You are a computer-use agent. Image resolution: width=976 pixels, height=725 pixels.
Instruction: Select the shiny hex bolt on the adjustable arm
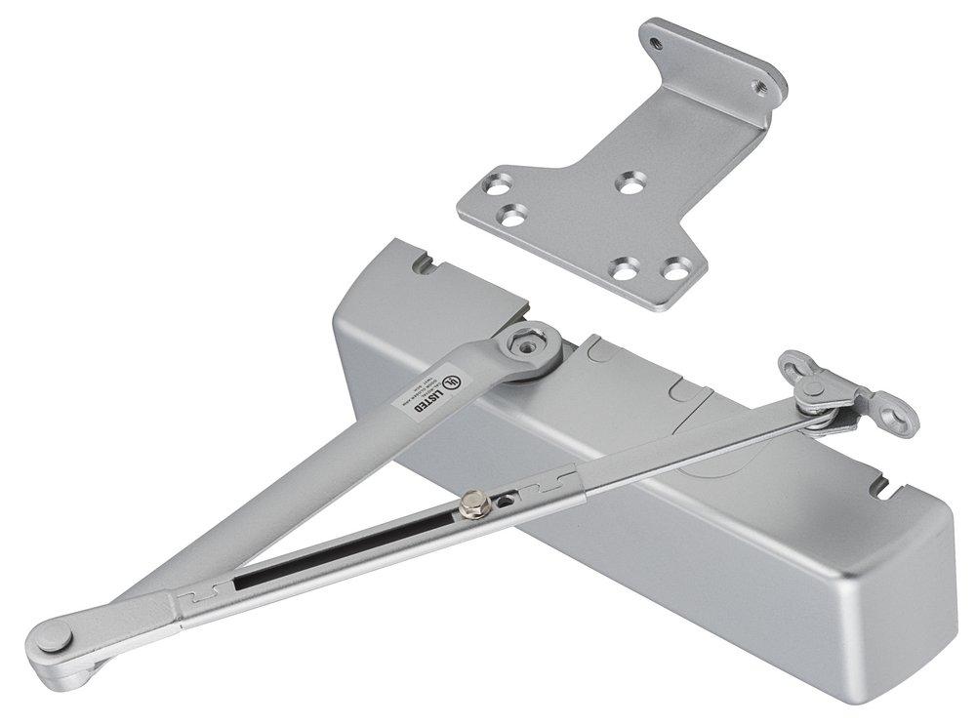pyautogui.click(x=476, y=505)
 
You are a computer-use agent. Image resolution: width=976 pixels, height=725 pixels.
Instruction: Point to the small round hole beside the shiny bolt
pyautogui.click(x=506, y=499)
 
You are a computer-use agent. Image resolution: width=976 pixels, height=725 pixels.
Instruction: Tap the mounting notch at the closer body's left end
pyautogui.click(x=422, y=262)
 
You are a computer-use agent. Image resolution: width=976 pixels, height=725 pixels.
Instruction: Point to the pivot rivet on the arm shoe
pyautogui.click(x=809, y=387)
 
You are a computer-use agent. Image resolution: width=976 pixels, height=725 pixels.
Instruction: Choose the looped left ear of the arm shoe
pyautogui.click(x=790, y=365)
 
